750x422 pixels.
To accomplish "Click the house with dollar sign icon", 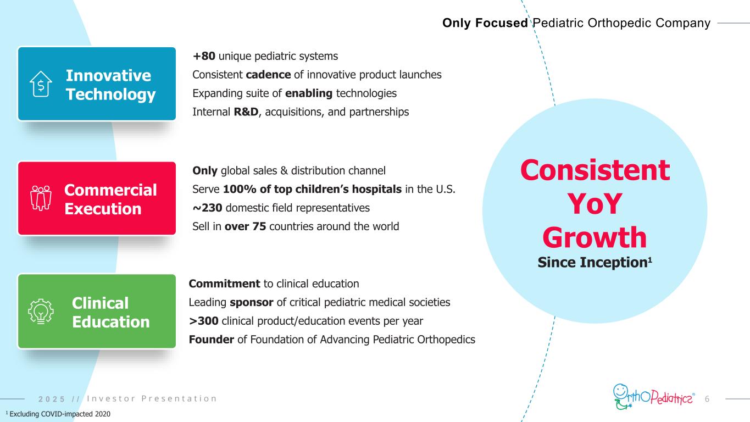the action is pos(41,84).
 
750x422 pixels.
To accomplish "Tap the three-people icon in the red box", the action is pos(41,198).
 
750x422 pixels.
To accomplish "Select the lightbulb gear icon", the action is pos(41,312).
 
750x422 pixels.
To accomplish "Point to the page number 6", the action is pos(707,399).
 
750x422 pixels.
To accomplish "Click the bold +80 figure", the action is pos(204,56).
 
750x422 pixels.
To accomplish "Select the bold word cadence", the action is pos(268,74).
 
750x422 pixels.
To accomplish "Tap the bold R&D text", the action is pos(246,112).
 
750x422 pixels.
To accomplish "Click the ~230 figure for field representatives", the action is pos(207,208).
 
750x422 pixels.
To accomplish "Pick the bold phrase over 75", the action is pos(245,226).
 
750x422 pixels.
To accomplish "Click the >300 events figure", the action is pos(203,321).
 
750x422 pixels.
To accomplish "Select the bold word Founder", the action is pos(212,339).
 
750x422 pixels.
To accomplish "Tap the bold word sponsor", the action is pos(252,302).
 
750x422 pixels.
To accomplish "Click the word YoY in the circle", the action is pos(595,204).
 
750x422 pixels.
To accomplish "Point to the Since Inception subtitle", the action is pos(595,262).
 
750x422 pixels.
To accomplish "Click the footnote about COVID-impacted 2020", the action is pos(58,414).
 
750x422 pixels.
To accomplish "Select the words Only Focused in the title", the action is pos(485,23).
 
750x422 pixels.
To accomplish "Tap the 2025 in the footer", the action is pos(52,399).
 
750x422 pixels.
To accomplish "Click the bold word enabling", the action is pos(309,93).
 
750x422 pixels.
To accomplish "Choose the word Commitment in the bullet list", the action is pos(224,284).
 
